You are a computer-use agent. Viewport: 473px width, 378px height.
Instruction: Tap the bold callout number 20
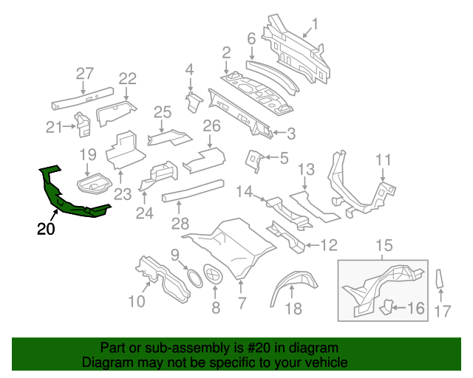46,230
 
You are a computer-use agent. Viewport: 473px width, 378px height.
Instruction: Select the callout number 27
85,73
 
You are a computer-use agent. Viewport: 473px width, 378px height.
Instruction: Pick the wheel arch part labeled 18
291,285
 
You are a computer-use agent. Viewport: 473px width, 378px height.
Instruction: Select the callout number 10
137,300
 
